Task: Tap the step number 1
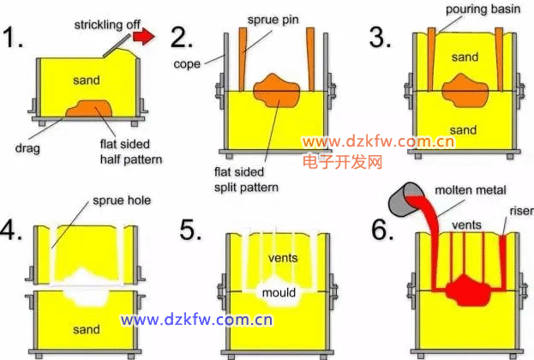[x=15, y=38]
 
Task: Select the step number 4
[x=15, y=231]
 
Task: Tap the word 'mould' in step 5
[x=279, y=293]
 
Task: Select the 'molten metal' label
[x=470, y=189]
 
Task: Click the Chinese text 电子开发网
[x=342, y=160]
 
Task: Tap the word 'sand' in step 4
[x=86, y=328]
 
